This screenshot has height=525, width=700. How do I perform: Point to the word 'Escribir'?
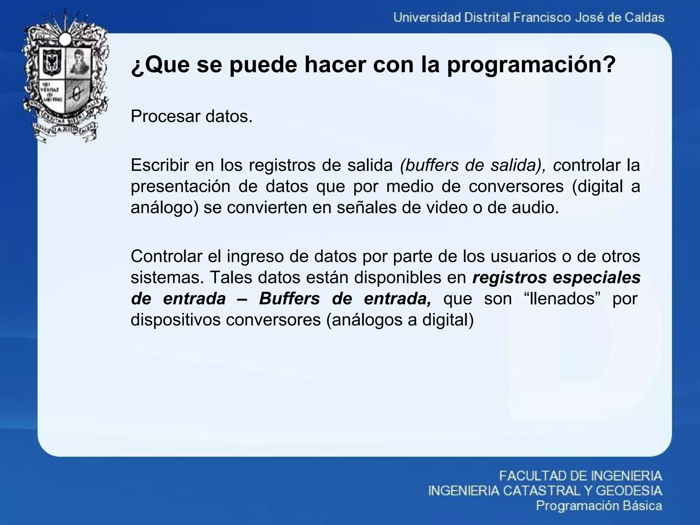159,165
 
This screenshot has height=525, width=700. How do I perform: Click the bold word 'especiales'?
596,278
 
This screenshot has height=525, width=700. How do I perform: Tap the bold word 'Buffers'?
289,299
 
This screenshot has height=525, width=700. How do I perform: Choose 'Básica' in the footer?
643,506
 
